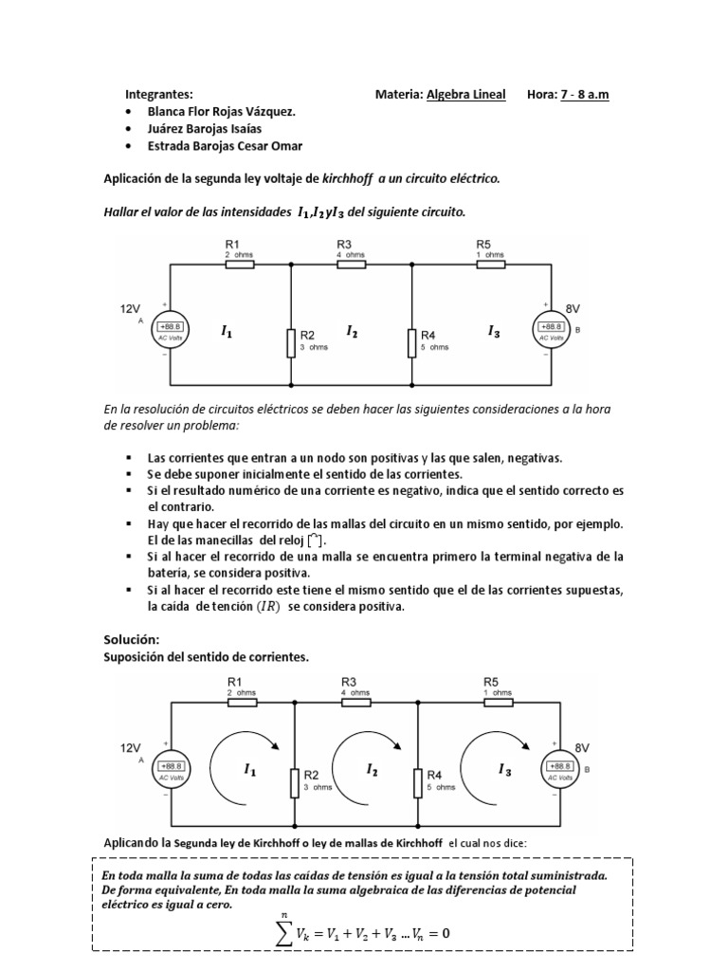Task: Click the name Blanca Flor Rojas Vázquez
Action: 221,111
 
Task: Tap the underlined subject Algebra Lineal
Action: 465,95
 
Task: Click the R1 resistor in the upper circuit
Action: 239,265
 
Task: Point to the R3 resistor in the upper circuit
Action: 352,265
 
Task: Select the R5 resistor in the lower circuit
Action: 498,703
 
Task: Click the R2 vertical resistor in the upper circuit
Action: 291,342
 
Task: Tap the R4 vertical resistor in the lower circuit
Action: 417,784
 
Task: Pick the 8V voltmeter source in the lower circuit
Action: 557,769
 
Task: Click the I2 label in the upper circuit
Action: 353,331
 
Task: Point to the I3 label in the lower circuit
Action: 504,771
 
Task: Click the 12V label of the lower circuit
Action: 131,747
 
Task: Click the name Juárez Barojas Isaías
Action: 205,128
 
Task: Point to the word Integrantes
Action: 158,95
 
